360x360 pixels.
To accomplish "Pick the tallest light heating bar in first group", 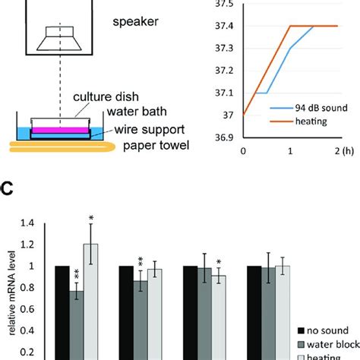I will [x=90, y=300].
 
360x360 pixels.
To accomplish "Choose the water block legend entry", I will [x=327, y=343].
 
